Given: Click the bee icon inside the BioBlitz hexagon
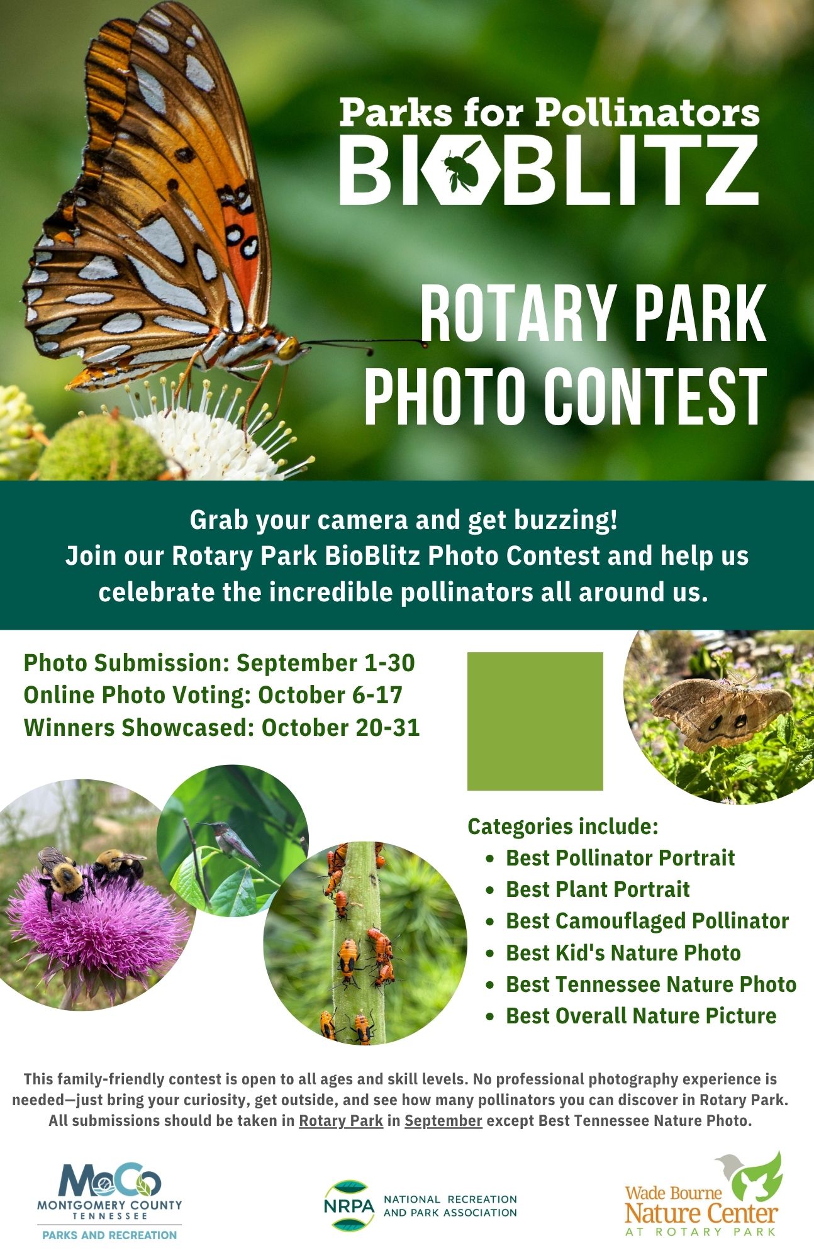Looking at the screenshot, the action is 460,166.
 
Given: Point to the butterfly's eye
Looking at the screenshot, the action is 289,347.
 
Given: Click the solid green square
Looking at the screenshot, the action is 535,721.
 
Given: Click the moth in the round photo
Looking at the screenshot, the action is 720,711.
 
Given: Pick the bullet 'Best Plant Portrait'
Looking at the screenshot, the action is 598,889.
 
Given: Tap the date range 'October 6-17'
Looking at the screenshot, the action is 330,695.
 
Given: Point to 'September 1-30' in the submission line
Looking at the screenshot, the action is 326,663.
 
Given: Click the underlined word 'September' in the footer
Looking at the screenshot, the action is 443,1120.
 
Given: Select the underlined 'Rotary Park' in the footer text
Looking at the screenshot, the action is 341,1120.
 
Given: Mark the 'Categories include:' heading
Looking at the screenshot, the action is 563,826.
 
